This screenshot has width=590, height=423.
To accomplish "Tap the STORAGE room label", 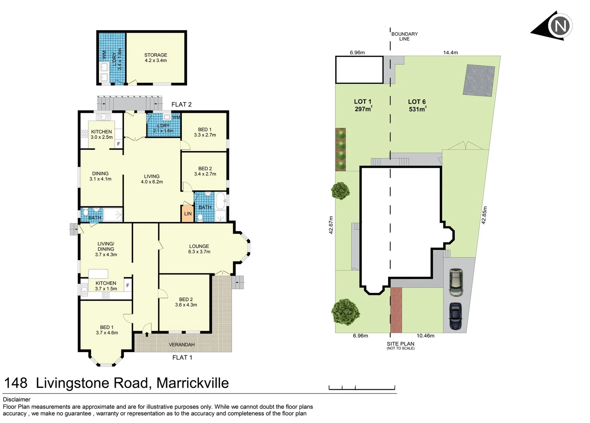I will (156, 58).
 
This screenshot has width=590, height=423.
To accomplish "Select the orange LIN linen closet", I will (188, 213).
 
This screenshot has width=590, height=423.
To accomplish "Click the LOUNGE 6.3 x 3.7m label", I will (199, 249).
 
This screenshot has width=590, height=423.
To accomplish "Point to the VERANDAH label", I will (182, 345).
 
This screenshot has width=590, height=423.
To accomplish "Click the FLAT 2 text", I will (182, 104).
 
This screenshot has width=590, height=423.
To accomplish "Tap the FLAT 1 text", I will (182, 357).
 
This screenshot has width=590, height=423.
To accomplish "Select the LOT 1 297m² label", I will (363, 105).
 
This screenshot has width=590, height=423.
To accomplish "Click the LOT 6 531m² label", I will (417, 105).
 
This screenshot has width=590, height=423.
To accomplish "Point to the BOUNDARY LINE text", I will (404, 36).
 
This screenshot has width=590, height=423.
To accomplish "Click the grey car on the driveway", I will (456, 282).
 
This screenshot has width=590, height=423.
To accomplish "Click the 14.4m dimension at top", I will (450, 52).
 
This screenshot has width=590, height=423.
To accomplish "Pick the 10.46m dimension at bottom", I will (425, 336).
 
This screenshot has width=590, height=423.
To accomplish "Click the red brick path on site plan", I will (396, 310).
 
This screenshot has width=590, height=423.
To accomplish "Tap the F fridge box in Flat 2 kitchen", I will (118, 144).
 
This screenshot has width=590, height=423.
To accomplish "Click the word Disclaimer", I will (16, 399).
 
